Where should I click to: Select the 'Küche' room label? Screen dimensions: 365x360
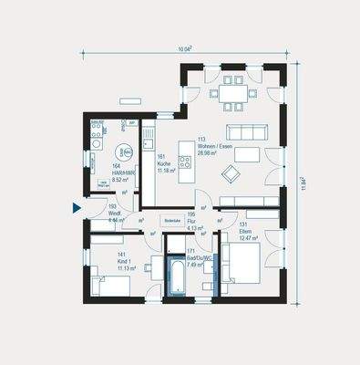click(x=164, y=164)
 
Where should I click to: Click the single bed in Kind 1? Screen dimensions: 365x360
click(x=107, y=287)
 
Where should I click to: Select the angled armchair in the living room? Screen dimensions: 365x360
click(x=234, y=172)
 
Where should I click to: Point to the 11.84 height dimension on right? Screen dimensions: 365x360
click(x=303, y=182)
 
